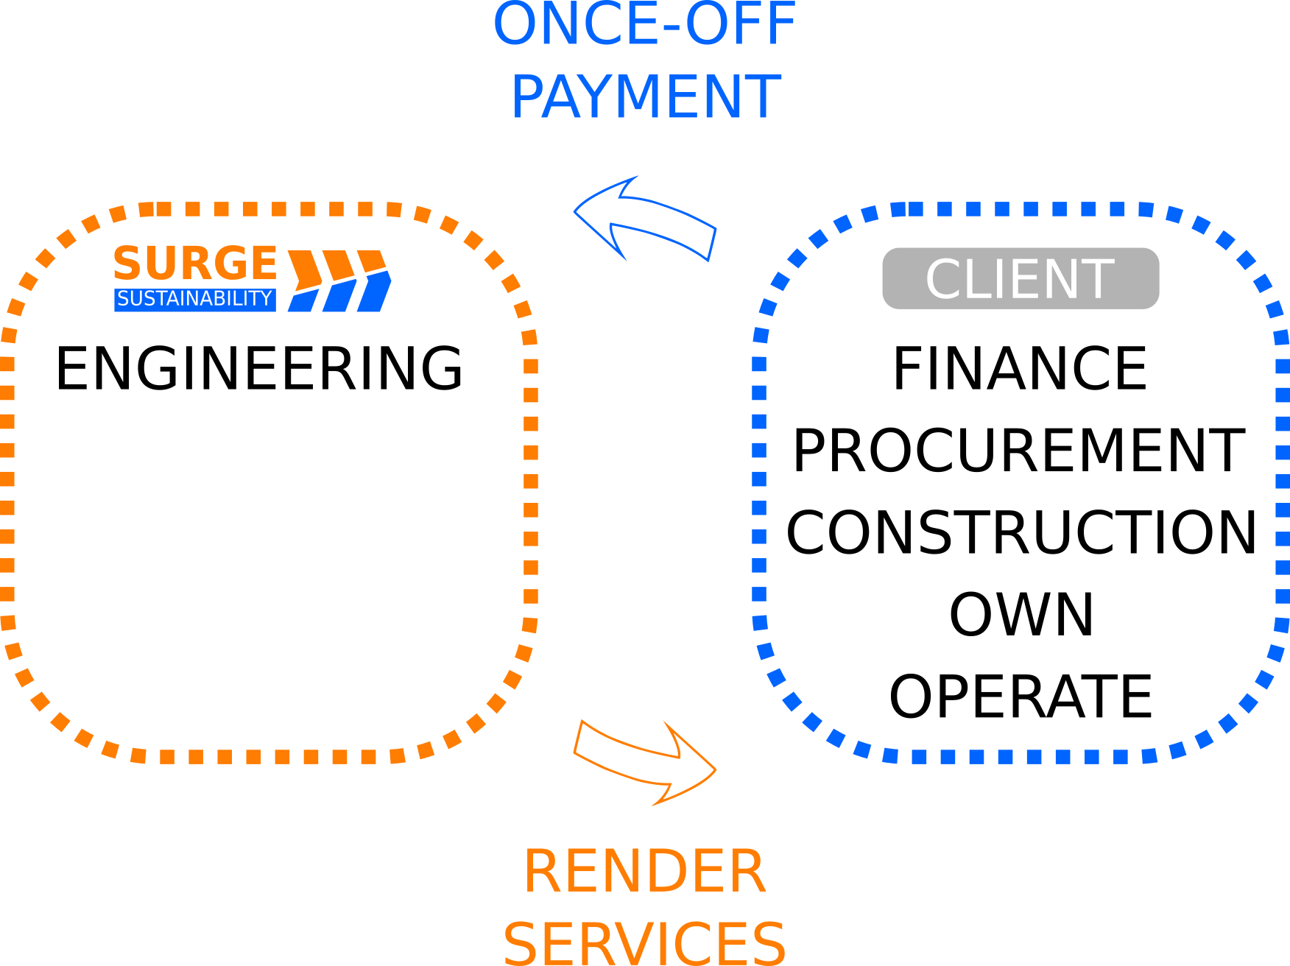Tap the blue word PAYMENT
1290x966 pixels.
coord(646,96)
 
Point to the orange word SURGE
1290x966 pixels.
coord(195,263)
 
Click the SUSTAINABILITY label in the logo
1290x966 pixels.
coord(195,299)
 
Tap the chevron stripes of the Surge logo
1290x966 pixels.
coord(339,281)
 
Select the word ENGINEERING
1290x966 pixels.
coord(259,368)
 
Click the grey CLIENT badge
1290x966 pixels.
coord(1021,278)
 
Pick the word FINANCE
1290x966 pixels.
coord(1020,368)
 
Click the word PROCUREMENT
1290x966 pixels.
coord(1020,451)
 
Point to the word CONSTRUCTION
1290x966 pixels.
coord(1021,532)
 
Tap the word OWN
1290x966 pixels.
coord(1021,615)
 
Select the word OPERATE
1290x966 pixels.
coord(1021,697)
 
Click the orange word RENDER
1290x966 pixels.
coord(645,871)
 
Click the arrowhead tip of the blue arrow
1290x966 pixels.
coord(574,212)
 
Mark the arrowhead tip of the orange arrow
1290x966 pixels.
coord(716,770)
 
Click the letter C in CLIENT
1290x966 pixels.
coord(945,278)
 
